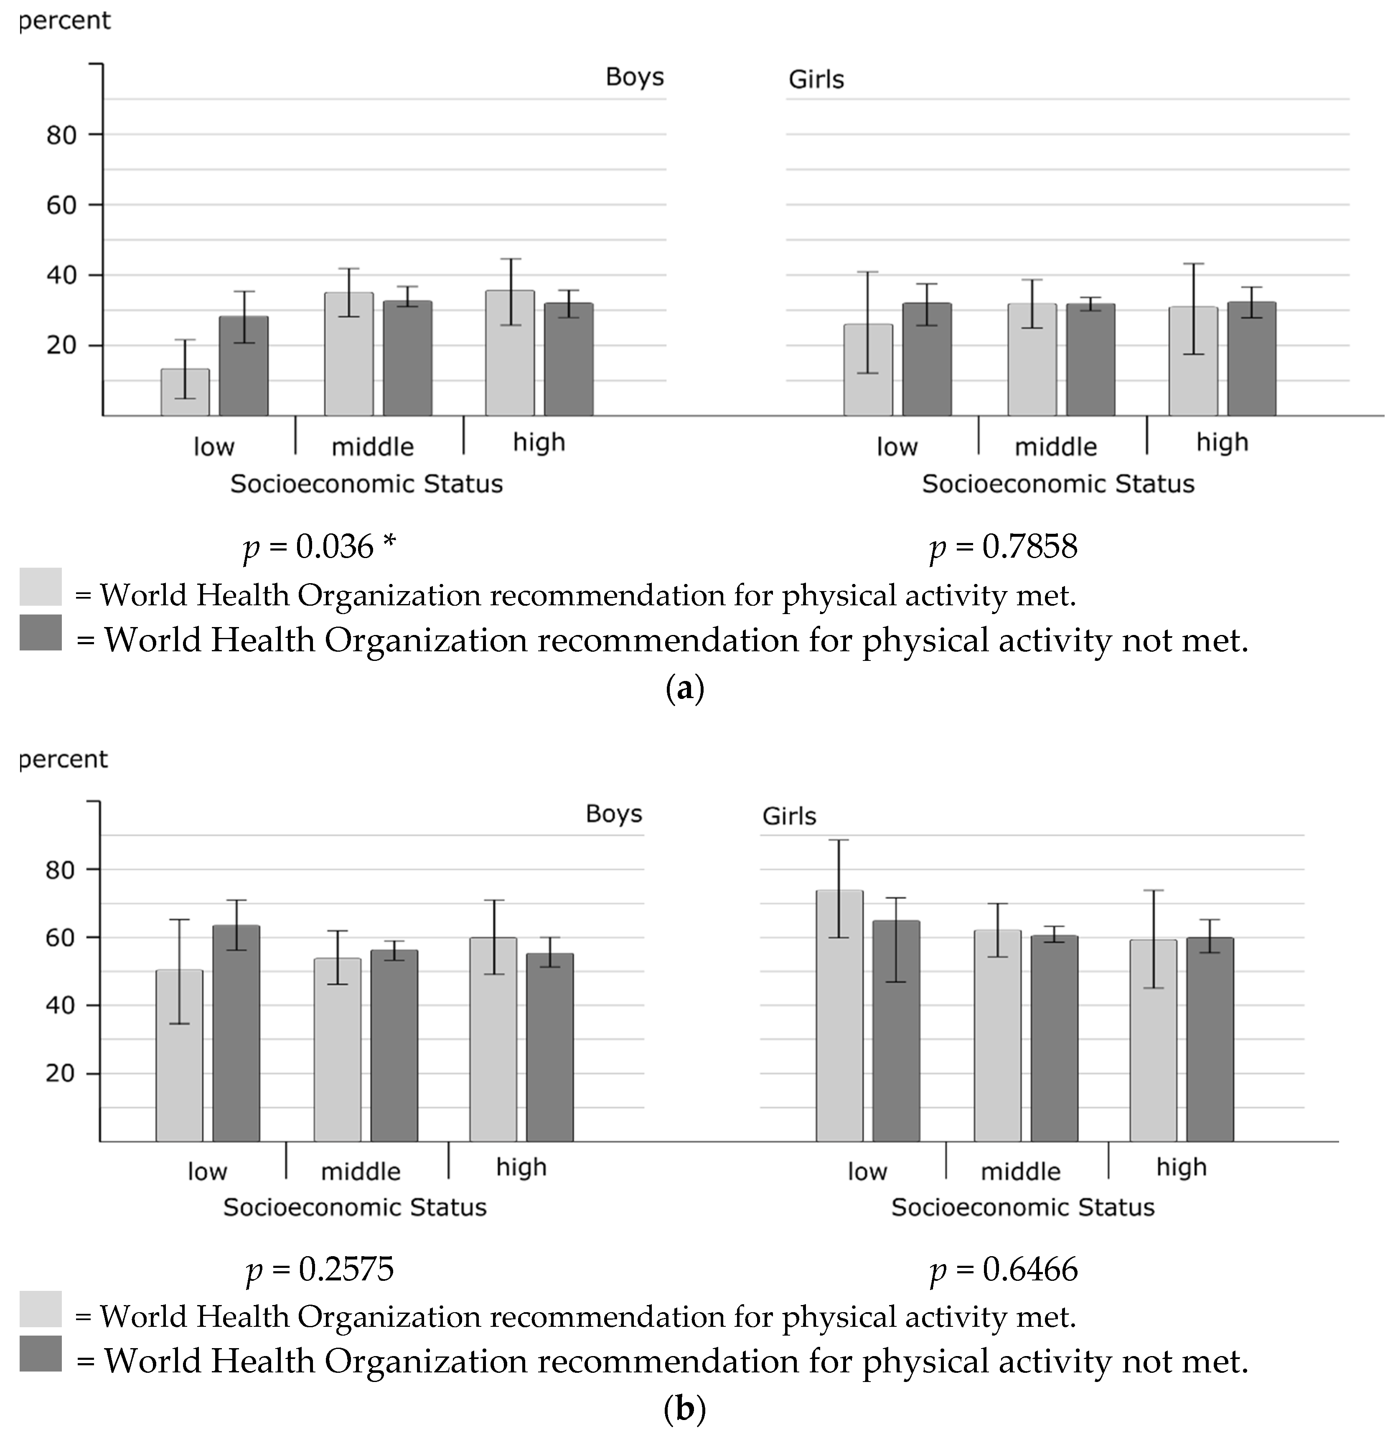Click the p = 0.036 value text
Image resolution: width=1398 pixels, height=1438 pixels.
pos(319,547)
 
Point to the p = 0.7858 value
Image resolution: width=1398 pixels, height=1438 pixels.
pos(1003,547)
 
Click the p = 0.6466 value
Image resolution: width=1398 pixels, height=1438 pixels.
pos(1003,1269)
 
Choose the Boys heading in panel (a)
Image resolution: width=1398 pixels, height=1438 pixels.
pos(634,77)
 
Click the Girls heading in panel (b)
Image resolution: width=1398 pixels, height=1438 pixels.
pos(789,816)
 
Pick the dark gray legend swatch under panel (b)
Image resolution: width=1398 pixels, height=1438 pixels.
pos(41,1354)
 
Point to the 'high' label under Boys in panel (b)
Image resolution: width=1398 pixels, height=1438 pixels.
pos(521,1167)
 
